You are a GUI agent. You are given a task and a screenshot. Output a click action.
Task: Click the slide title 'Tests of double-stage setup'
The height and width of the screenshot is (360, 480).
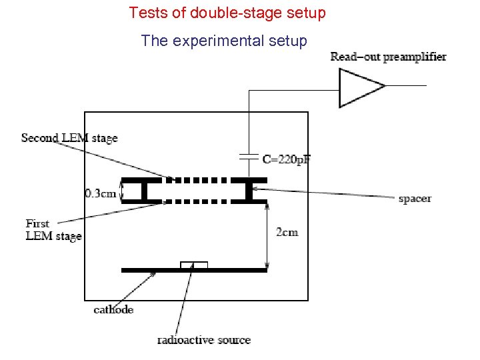[x=227, y=13]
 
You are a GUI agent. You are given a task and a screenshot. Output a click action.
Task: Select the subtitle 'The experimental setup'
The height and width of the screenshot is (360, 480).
[x=224, y=41]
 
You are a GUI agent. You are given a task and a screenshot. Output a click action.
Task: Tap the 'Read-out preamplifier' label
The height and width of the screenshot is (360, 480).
[x=388, y=57]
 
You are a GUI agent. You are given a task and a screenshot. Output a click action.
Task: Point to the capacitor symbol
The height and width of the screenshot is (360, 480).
[x=249, y=157]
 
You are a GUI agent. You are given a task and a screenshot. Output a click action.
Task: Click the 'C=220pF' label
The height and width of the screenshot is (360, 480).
[x=287, y=160]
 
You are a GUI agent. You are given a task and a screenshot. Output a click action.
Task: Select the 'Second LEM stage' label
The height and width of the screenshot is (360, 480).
[x=69, y=139]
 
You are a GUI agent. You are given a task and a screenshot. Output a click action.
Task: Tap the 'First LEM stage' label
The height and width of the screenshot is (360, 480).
[x=53, y=230]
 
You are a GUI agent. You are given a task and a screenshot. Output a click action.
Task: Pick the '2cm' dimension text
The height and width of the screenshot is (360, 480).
[x=287, y=232]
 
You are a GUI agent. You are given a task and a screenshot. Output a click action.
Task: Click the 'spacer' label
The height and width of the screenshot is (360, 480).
[x=415, y=199]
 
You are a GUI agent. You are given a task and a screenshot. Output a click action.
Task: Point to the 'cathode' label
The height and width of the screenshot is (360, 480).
[x=113, y=309]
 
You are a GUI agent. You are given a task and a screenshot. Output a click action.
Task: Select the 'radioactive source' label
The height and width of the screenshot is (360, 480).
[x=204, y=340]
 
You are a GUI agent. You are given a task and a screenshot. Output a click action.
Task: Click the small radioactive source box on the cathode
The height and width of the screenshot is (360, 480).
[x=194, y=265]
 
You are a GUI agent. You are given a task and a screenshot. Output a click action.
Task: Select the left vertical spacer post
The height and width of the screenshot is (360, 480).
[x=144, y=191]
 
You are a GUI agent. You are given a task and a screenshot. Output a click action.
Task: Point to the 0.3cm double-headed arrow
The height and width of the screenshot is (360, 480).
[x=121, y=190]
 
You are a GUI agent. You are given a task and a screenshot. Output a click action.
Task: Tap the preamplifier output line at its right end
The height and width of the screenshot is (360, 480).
[x=424, y=86]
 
